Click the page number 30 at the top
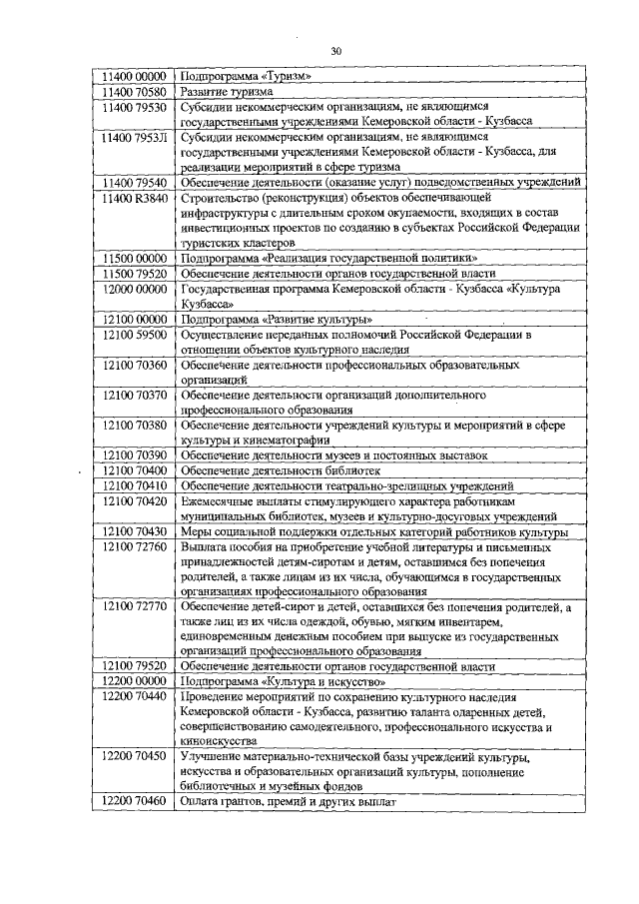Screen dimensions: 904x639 pyautogui.click(x=335, y=52)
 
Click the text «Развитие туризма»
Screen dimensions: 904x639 pyautogui.click(x=231, y=91)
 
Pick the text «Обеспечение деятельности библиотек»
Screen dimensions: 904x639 pyautogui.click(x=283, y=470)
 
